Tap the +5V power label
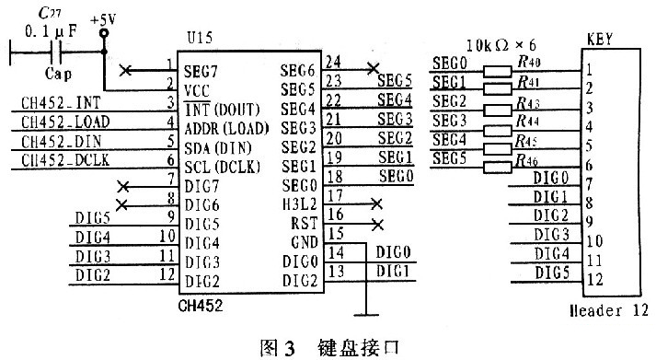tap(103, 20)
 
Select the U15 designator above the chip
tap(200, 38)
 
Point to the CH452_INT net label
tap(61, 103)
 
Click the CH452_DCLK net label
tap(65, 160)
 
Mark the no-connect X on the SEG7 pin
tap(125, 70)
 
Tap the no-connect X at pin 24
tap(373, 68)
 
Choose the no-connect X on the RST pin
tap(377, 225)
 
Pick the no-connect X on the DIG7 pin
tap(123, 187)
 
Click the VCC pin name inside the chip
tap(197, 91)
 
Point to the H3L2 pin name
tap(300, 203)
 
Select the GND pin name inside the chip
tap(305, 242)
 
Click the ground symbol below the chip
tap(366, 315)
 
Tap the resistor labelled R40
tap(498, 72)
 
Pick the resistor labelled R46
tap(498, 168)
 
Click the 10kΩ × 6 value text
tap(501, 45)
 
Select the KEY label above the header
tap(600, 40)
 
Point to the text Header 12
tap(609, 310)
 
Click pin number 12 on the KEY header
tap(595, 279)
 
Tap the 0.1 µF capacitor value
tap(51, 30)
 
